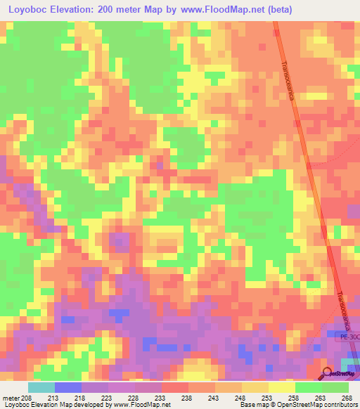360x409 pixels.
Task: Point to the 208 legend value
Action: [x=27, y=397]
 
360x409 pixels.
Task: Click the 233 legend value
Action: [x=161, y=397]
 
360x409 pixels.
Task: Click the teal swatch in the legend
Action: [x=41, y=387]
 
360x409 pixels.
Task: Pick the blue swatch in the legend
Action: [x=67, y=387]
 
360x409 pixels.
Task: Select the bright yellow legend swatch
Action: [x=281, y=387]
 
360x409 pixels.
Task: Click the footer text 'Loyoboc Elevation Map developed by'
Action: [x=50, y=405]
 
